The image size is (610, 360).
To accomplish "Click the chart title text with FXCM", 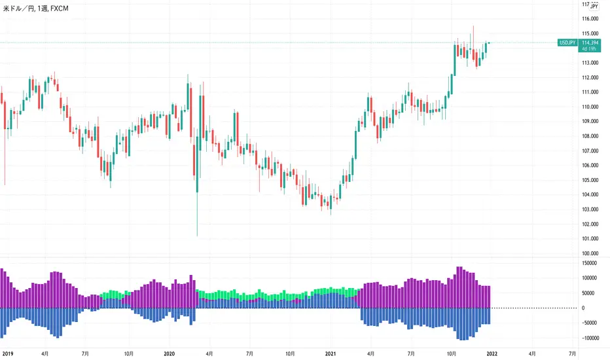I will (38, 9).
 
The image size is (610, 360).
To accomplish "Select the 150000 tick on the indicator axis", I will (592, 262).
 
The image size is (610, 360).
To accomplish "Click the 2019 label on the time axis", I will (9, 352).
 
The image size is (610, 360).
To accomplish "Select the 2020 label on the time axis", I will (169, 352).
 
